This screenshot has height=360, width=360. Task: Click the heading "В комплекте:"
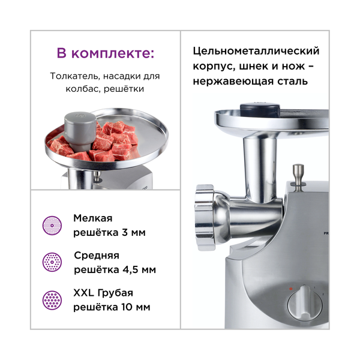105,53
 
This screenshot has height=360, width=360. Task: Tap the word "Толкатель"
75,77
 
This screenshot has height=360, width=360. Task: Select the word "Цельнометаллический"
257,51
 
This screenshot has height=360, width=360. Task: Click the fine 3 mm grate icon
52,226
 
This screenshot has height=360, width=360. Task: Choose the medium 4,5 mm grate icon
52,262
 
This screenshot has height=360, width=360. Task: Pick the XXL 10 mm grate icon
52,300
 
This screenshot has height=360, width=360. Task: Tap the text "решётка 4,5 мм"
115,269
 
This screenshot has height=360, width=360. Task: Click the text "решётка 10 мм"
112,307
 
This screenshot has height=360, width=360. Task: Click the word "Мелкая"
92,218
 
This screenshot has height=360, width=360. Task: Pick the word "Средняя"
97,255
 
